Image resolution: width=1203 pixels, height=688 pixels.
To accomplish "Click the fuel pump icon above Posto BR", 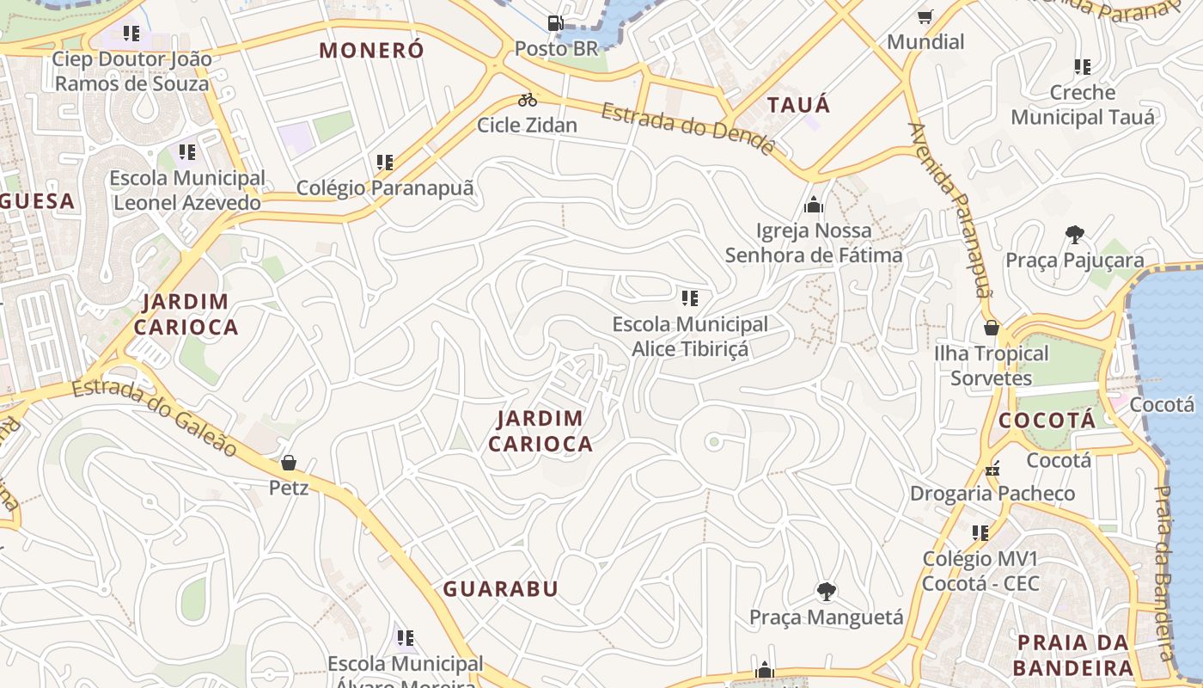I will point(556,22).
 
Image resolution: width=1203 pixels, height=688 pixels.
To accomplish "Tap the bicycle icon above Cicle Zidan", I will point(527,100).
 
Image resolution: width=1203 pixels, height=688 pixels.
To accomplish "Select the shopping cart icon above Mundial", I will point(925,16).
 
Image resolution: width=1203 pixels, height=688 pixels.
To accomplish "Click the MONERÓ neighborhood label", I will point(371,50).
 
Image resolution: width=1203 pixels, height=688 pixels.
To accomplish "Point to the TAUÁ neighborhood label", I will point(798,105).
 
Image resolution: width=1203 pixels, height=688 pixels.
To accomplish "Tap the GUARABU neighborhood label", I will point(500,589).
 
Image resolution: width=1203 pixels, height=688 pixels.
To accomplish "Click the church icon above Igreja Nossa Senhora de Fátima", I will point(813,206).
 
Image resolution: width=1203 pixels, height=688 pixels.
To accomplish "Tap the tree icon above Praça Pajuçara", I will point(1074,235).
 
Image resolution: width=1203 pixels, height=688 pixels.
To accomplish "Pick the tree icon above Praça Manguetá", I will point(826,592).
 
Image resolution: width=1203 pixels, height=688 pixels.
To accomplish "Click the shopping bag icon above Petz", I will point(289,463).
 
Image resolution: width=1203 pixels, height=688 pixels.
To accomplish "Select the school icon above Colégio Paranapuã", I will point(384,162).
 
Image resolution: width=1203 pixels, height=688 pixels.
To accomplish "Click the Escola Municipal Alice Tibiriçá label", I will point(690,336).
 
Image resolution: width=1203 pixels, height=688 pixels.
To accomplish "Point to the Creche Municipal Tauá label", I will point(1083,104).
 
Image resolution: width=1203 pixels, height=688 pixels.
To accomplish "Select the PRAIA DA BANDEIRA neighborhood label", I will point(1072,654).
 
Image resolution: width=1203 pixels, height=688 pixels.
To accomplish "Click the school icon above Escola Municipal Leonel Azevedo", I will point(186,153).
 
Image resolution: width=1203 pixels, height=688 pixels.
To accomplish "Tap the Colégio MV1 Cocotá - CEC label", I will point(980,571).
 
